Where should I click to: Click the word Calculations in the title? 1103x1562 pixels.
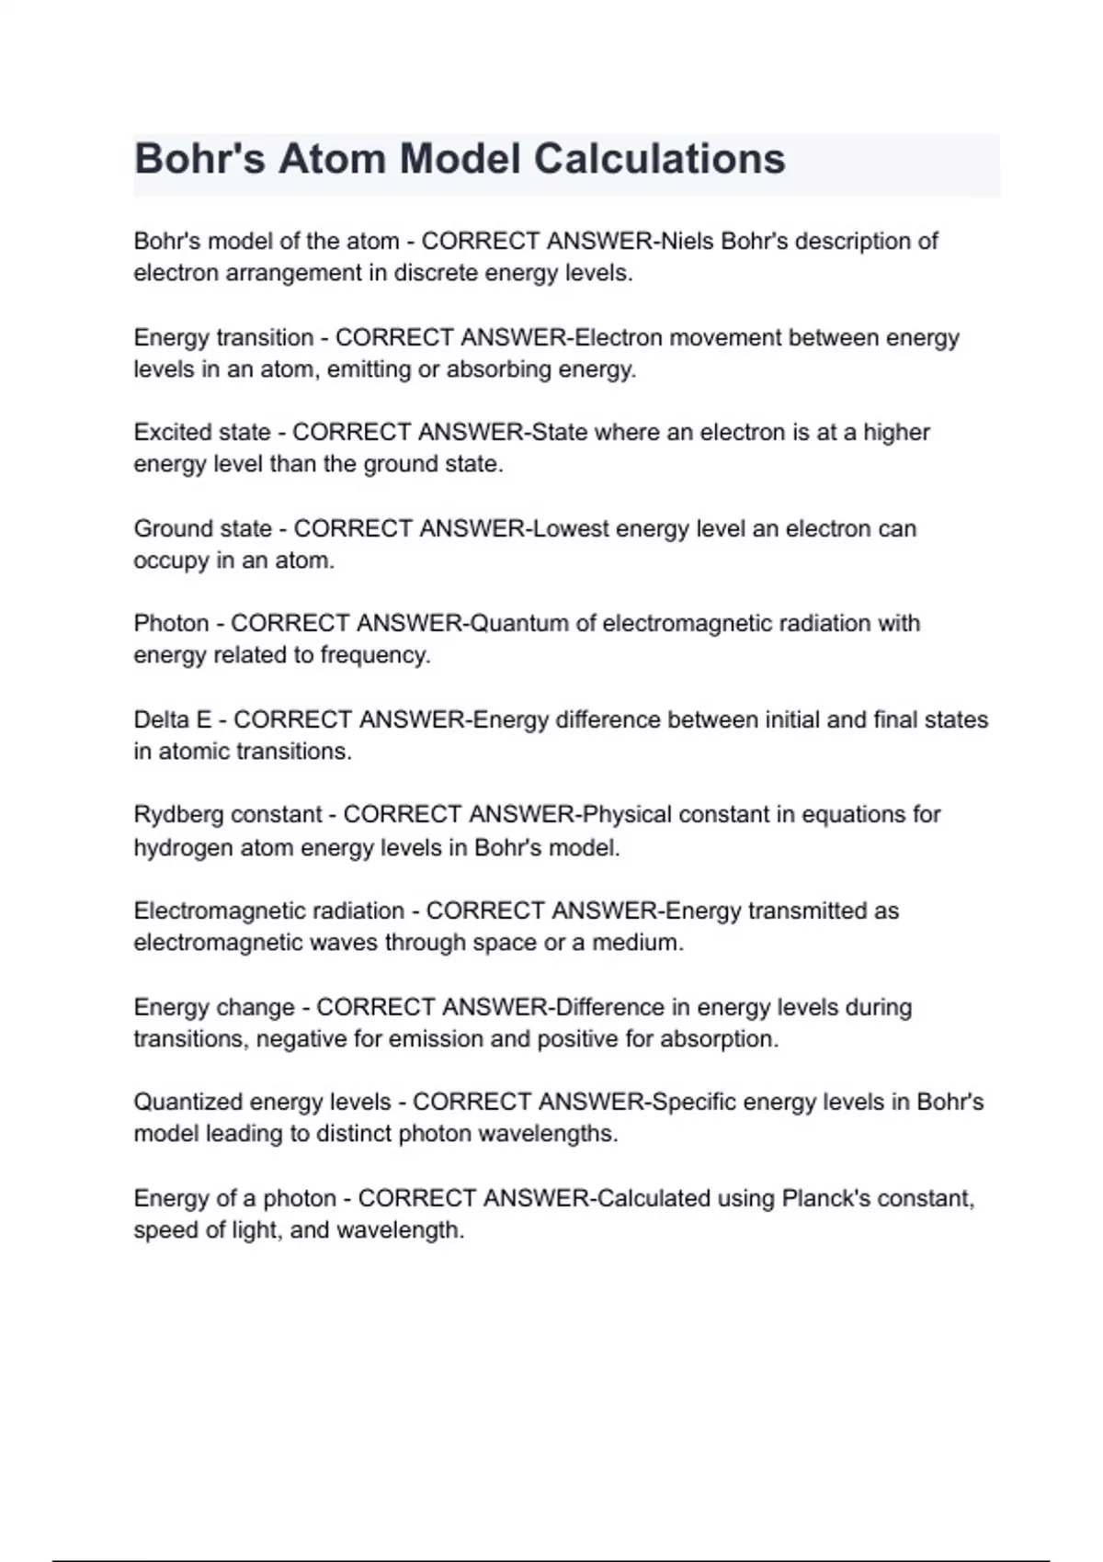tap(659, 158)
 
